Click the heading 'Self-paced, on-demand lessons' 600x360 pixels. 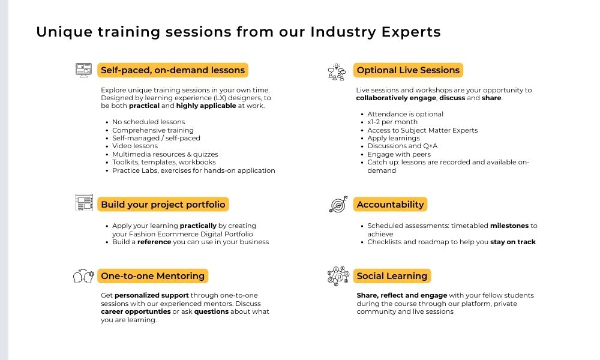(x=173, y=70)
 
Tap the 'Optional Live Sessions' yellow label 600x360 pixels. (x=408, y=70)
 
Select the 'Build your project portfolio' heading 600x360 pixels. (x=163, y=204)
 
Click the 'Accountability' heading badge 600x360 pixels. (x=390, y=204)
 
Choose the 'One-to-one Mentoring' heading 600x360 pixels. (x=152, y=276)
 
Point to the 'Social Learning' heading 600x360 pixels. (x=392, y=276)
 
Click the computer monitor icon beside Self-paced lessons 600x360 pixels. (x=84, y=70)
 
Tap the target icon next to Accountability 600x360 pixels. (x=338, y=204)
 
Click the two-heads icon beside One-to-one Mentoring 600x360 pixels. (x=83, y=276)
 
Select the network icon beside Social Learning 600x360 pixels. (x=338, y=276)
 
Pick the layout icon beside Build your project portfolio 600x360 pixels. (x=84, y=202)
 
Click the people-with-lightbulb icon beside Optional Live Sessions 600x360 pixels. (x=337, y=71)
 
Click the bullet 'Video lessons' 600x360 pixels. (x=134, y=146)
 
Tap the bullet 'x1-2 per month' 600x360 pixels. (x=392, y=122)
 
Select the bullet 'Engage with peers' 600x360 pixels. (x=399, y=154)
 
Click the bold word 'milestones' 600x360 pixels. (x=509, y=226)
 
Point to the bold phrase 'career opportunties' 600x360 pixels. (x=136, y=312)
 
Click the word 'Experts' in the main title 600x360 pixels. (x=411, y=32)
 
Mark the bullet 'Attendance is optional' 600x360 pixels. (x=405, y=114)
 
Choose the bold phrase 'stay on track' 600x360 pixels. (x=513, y=242)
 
